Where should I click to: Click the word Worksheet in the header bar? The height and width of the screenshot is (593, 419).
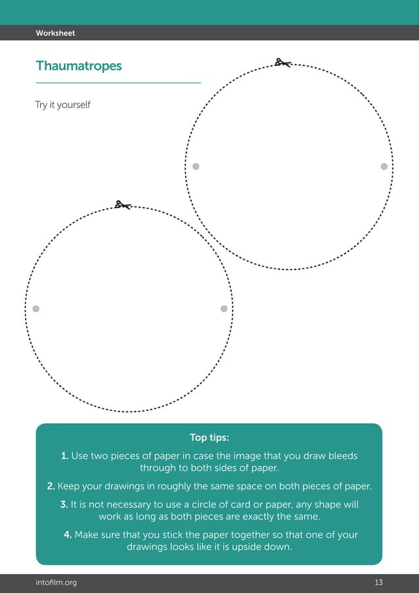pos(55,33)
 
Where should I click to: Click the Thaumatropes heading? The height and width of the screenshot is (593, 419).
pos(79,66)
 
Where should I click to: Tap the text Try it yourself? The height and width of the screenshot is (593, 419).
pos(62,105)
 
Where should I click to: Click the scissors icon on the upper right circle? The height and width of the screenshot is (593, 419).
pos(283,63)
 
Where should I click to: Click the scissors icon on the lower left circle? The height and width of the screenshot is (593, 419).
pos(122,205)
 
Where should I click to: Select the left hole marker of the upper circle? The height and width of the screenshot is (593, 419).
pos(196,167)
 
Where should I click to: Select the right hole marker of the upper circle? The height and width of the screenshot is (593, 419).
pos(384,167)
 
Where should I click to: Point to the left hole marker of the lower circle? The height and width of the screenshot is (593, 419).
pos(36,308)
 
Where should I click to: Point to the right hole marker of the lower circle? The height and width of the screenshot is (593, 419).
pos(224,308)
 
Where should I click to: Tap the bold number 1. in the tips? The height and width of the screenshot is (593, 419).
pos(64,456)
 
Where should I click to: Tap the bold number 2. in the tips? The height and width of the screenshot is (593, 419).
pos(51,486)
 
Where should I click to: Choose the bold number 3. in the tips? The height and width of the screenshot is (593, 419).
pos(64,504)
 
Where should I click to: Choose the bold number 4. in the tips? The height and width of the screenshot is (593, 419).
pos(68,534)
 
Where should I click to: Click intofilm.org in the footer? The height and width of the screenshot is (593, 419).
pos(56,582)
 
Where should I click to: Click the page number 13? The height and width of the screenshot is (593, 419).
pos(378,582)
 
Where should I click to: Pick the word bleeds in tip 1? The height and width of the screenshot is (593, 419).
pos(344,456)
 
